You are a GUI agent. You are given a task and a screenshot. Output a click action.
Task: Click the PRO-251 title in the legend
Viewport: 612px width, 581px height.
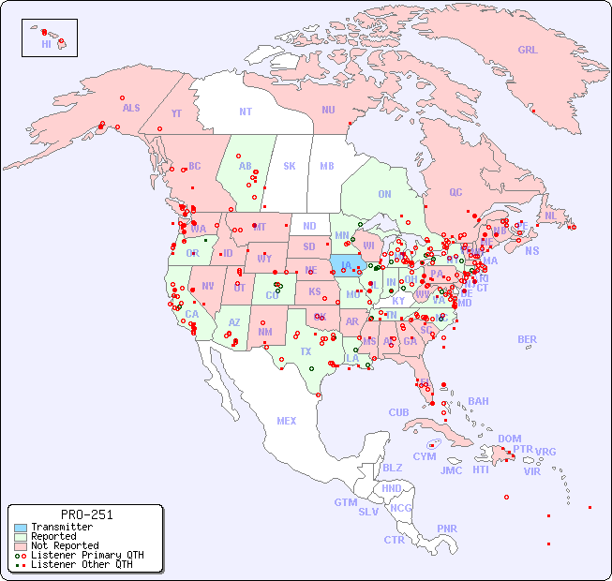click(86, 514)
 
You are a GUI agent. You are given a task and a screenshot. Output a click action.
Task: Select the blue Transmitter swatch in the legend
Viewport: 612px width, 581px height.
click(21, 528)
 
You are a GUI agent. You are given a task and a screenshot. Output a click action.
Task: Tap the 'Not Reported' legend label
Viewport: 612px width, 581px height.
click(64, 545)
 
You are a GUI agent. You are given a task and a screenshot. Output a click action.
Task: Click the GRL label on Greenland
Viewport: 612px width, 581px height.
click(528, 51)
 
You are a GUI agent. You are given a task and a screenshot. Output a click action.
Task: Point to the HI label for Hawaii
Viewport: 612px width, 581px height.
click(47, 44)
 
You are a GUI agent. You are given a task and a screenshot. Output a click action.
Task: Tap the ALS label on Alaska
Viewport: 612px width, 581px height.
click(131, 109)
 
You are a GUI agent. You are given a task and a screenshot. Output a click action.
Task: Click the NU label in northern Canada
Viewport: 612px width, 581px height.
click(328, 111)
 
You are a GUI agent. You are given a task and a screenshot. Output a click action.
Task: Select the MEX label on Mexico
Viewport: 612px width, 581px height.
click(287, 421)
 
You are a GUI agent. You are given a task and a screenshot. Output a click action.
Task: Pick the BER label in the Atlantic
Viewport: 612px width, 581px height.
click(528, 339)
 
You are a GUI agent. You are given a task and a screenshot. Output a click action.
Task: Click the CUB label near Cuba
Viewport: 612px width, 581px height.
click(398, 412)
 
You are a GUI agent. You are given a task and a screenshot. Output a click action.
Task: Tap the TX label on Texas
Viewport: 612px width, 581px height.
click(306, 352)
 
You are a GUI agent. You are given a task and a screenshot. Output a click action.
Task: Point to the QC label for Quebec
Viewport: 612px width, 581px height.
click(455, 192)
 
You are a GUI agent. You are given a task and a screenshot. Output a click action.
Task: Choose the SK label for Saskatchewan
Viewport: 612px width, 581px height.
click(290, 166)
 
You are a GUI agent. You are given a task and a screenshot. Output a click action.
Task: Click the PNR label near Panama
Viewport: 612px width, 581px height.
click(447, 529)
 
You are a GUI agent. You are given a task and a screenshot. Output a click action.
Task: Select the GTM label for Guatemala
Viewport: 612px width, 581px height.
click(345, 502)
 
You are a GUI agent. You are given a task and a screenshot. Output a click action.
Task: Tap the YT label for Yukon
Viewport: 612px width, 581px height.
click(176, 113)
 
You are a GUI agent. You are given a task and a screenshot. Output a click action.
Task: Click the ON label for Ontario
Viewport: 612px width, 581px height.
click(384, 195)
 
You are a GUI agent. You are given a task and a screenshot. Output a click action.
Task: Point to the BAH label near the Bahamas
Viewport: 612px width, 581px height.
click(478, 401)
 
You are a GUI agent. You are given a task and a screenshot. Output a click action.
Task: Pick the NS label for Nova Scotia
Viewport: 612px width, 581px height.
click(531, 251)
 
